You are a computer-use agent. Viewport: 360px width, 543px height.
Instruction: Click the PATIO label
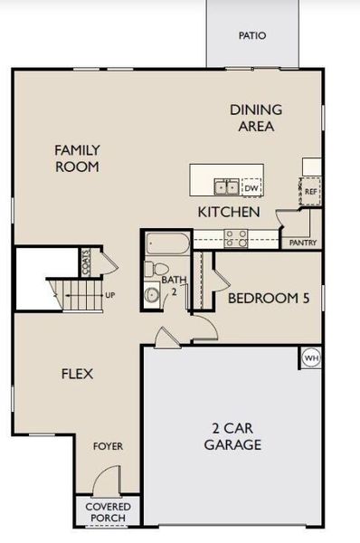click(x=252, y=37)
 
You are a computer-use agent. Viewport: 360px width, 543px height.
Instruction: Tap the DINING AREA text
click(x=256, y=118)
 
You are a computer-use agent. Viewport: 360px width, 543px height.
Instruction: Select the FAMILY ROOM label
click(x=77, y=158)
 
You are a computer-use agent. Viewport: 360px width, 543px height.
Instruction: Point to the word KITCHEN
click(x=230, y=212)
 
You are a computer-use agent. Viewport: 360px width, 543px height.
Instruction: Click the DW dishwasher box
click(x=251, y=187)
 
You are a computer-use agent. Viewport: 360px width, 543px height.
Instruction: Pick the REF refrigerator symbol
click(x=310, y=192)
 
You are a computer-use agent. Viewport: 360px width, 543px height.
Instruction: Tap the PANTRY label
click(x=301, y=243)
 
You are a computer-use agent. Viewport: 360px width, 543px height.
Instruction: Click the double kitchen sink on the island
click(x=226, y=187)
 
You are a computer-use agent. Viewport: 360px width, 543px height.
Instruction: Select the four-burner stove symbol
click(x=237, y=239)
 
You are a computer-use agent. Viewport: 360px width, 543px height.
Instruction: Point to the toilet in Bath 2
click(x=156, y=269)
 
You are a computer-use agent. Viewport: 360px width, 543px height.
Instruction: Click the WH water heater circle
click(x=311, y=357)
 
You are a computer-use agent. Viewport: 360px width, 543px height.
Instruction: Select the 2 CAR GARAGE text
click(x=232, y=436)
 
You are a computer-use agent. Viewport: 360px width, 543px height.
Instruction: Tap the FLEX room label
click(x=78, y=374)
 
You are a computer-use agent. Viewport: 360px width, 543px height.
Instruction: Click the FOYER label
click(x=109, y=446)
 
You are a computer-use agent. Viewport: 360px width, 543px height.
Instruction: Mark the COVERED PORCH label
click(x=109, y=511)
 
